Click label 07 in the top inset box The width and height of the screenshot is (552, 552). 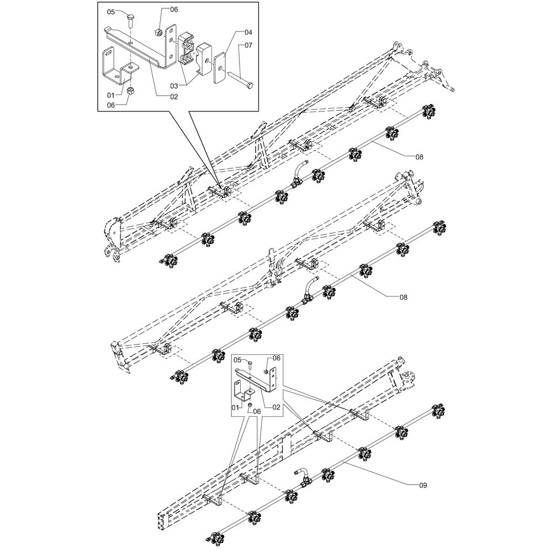[248, 45]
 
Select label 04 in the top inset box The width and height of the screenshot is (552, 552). [248, 33]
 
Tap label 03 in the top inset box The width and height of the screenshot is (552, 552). [174, 86]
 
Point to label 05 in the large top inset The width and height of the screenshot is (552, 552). [111, 12]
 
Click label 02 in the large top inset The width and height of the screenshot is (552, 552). [174, 97]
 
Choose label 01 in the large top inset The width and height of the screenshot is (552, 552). [111, 95]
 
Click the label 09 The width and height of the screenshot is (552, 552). [423, 485]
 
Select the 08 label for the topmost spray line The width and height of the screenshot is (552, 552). [419, 157]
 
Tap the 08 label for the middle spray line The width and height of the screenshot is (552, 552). [404, 297]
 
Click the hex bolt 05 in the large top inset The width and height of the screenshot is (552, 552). [130, 22]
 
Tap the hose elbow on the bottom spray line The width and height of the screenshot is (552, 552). [302, 476]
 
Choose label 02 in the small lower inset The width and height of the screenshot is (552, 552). [277, 407]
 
